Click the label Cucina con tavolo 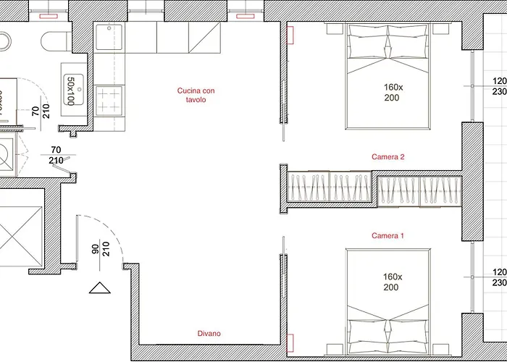pos(196,95)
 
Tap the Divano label pos(209,333)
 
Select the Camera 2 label pos(387,157)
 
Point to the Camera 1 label pos(387,235)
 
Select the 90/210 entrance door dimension pos(101,249)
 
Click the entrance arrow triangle pos(100,288)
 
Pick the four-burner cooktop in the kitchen pos(109,100)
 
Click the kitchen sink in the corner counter pos(109,37)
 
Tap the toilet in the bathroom pos(56,41)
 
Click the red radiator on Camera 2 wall pos(290,35)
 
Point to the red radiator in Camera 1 pos(290,343)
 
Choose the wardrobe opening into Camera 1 pos(419,191)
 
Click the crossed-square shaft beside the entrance pos(21,237)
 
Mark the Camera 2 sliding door pos(283,111)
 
